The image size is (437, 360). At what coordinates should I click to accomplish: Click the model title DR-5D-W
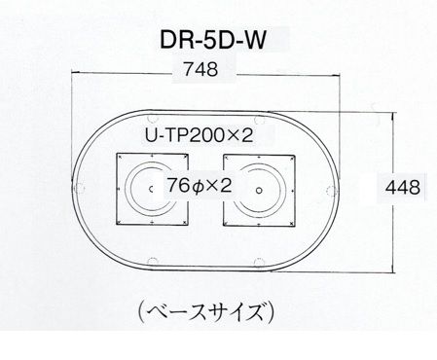[213, 40]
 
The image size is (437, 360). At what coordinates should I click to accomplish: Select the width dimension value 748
[200, 69]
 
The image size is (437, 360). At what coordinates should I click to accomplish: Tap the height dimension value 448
[403, 188]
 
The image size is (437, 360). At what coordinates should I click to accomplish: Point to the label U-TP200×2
[199, 135]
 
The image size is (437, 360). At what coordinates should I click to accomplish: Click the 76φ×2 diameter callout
[200, 186]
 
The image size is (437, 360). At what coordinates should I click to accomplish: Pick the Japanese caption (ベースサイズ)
[206, 311]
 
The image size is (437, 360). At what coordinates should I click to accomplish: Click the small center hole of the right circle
[259, 191]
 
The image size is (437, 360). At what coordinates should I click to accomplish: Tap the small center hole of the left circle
[151, 189]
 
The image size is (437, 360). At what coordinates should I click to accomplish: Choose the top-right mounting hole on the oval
[259, 120]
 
